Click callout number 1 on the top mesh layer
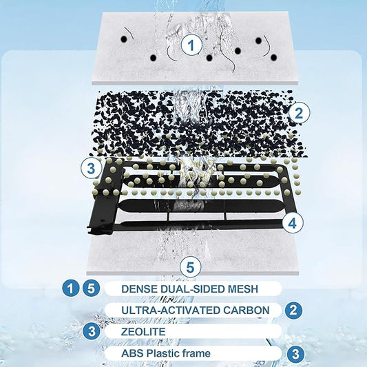pyautogui.click(x=191, y=45)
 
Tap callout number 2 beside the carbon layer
pyautogui.click(x=299, y=113)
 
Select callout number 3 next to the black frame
pyautogui.click(x=92, y=168)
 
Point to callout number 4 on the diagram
pyautogui.click(x=293, y=222)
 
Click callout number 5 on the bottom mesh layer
pyautogui.click(x=191, y=267)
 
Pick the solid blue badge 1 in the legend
pyautogui.click(x=70, y=289)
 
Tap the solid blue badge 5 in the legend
pyautogui.click(x=92, y=289)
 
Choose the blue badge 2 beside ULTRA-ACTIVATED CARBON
pyautogui.click(x=293, y=311)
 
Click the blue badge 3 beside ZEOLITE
pyautogui.click(x=92, y=331)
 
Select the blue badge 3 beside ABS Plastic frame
pyautogui.click(x=296, y=353)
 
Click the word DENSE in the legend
pyautogui.click(x=136, y=289)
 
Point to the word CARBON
pyautogui.click(x=246, y=311)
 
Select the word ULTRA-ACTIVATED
pyautogui.click(x=171, y=311)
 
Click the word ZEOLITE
pyautogui.click(x=143, y=332)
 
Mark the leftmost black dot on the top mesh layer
pyautogui.click(x=124, y=39)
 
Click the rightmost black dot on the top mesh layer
pyautogui.click(x=273, y=58)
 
